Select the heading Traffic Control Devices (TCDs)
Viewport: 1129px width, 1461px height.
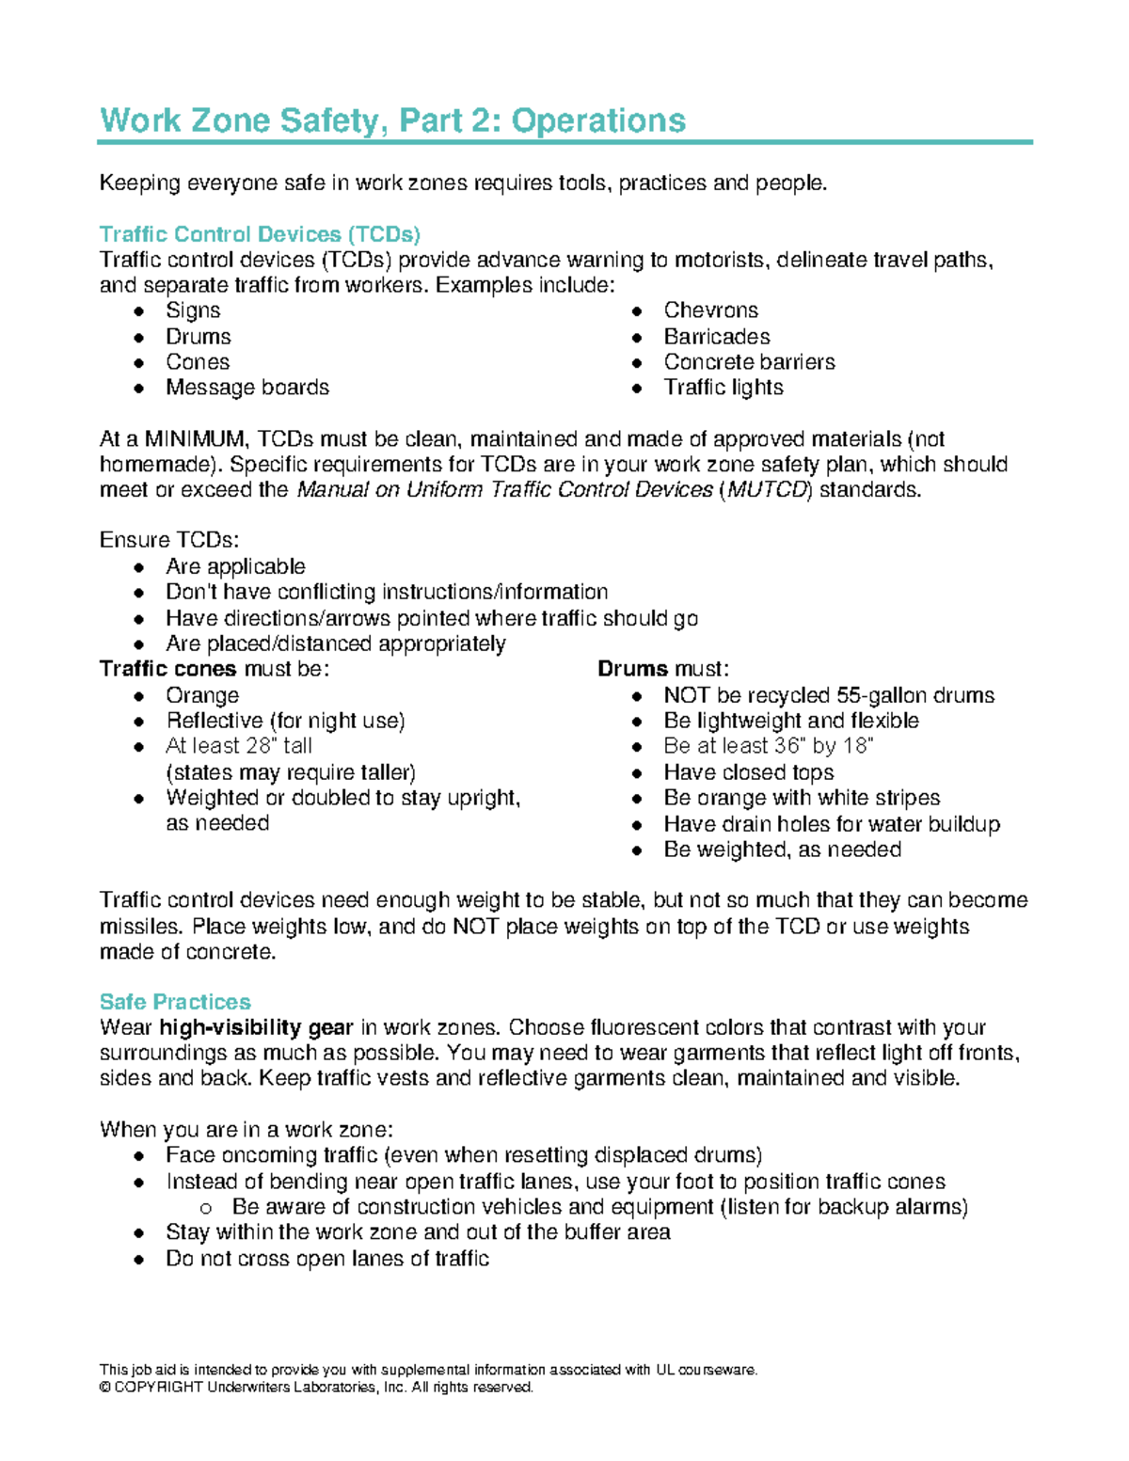(260, 234)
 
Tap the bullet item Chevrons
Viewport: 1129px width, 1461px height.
(710, 310)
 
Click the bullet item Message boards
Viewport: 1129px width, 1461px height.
(247, 388)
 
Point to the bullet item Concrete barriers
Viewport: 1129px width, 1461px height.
(749, 362)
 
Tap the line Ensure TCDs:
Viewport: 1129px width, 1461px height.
(169, 540)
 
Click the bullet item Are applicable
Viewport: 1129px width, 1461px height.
(235, 566)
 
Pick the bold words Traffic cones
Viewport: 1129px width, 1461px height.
(167, 669)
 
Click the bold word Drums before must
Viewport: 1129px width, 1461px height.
(632, 669)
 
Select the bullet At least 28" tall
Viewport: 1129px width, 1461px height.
(239, 746)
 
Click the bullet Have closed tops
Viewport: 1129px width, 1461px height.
(748, 772)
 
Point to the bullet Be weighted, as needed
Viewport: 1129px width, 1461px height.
(782, 850)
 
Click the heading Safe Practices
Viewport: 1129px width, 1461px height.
(175, 1002)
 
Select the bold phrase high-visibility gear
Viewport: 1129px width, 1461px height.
(256, 1027)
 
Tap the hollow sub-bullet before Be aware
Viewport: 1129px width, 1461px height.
(206, 1208)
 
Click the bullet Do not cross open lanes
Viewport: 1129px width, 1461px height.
(326, 1259)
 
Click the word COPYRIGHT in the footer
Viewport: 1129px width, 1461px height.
(159, 1388)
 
